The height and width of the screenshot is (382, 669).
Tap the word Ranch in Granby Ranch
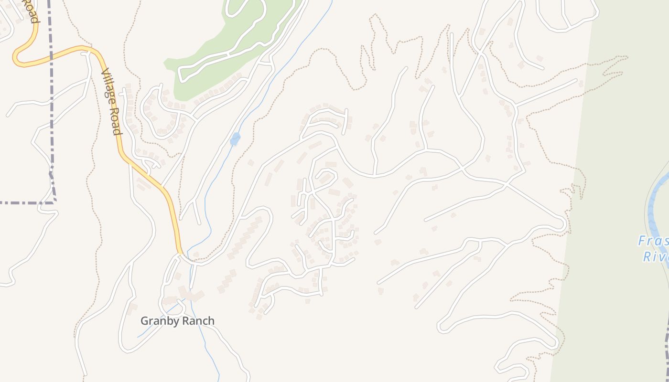pos(197,321)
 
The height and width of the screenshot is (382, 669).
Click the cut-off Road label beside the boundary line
pos(32,12)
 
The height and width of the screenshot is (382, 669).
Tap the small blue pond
pos(235,139)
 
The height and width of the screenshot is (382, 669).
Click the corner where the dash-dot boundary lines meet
pos(54,202)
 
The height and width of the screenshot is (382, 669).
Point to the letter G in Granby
pos(144,321)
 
